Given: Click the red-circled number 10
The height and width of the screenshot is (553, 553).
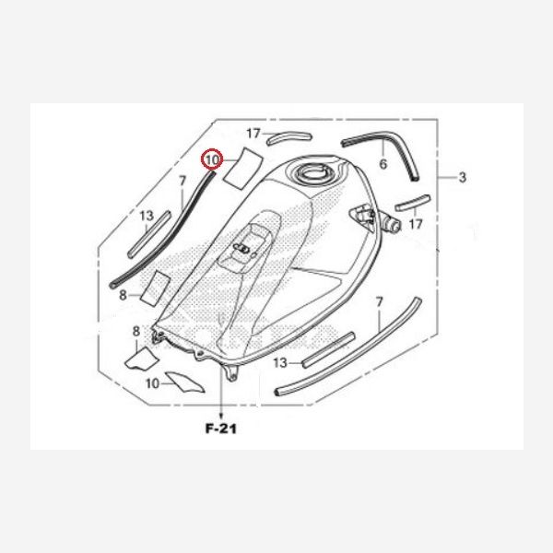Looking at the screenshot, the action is tap(213, 159).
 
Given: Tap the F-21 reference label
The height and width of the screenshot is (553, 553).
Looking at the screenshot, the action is tap(221, 429).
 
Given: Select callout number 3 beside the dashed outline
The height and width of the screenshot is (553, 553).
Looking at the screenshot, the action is tap(463, 177).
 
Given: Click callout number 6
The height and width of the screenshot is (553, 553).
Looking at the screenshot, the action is tap(383, 164).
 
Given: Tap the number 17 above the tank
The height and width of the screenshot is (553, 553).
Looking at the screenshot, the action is tap(253, 134).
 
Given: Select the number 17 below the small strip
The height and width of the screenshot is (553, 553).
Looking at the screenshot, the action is tap(416, 224).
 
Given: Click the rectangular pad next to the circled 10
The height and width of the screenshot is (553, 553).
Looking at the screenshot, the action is tap(243, 168).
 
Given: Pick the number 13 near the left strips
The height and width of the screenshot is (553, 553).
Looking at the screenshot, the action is tap(147, 216).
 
